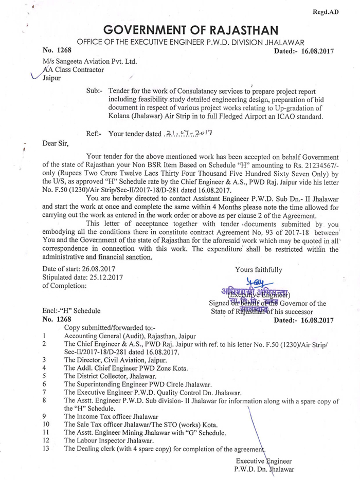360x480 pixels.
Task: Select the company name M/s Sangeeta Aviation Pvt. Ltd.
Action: coord(90,61)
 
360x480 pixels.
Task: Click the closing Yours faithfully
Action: coord(258,269)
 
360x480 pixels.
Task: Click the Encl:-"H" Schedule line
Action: coord(71,311)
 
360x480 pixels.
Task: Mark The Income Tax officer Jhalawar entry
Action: coord(111,416)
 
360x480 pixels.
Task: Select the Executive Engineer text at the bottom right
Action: coord(264,460)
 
